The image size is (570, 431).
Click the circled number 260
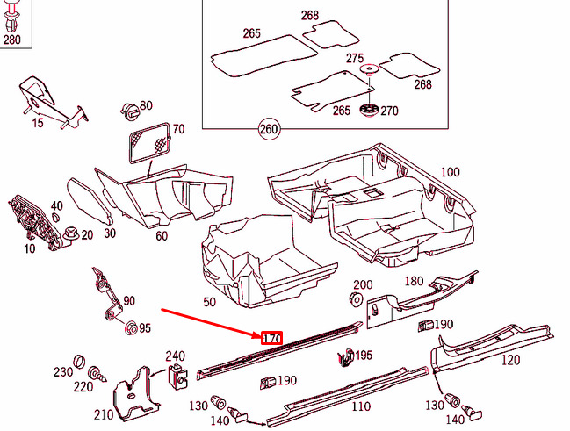coord(269,129)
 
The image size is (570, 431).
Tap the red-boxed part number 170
coord(272,338)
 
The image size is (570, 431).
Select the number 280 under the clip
coord(12,40)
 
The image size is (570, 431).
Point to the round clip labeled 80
coord(130,111)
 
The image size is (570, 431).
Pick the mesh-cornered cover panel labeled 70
coord(150,143)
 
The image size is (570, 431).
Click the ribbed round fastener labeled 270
coord(369,110)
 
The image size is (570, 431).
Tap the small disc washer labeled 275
coord(369,69)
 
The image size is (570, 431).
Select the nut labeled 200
coord(356,298)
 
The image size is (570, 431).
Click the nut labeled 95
coord(131,327)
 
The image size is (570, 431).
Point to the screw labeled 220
coord(97,374)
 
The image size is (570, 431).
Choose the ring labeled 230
coord(79,362)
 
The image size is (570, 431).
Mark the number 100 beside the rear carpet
coord(450,171)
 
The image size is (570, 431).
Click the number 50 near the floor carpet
coord(209,302)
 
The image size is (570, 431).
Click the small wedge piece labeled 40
coord(55,217)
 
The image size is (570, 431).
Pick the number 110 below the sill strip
coord(361,406)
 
